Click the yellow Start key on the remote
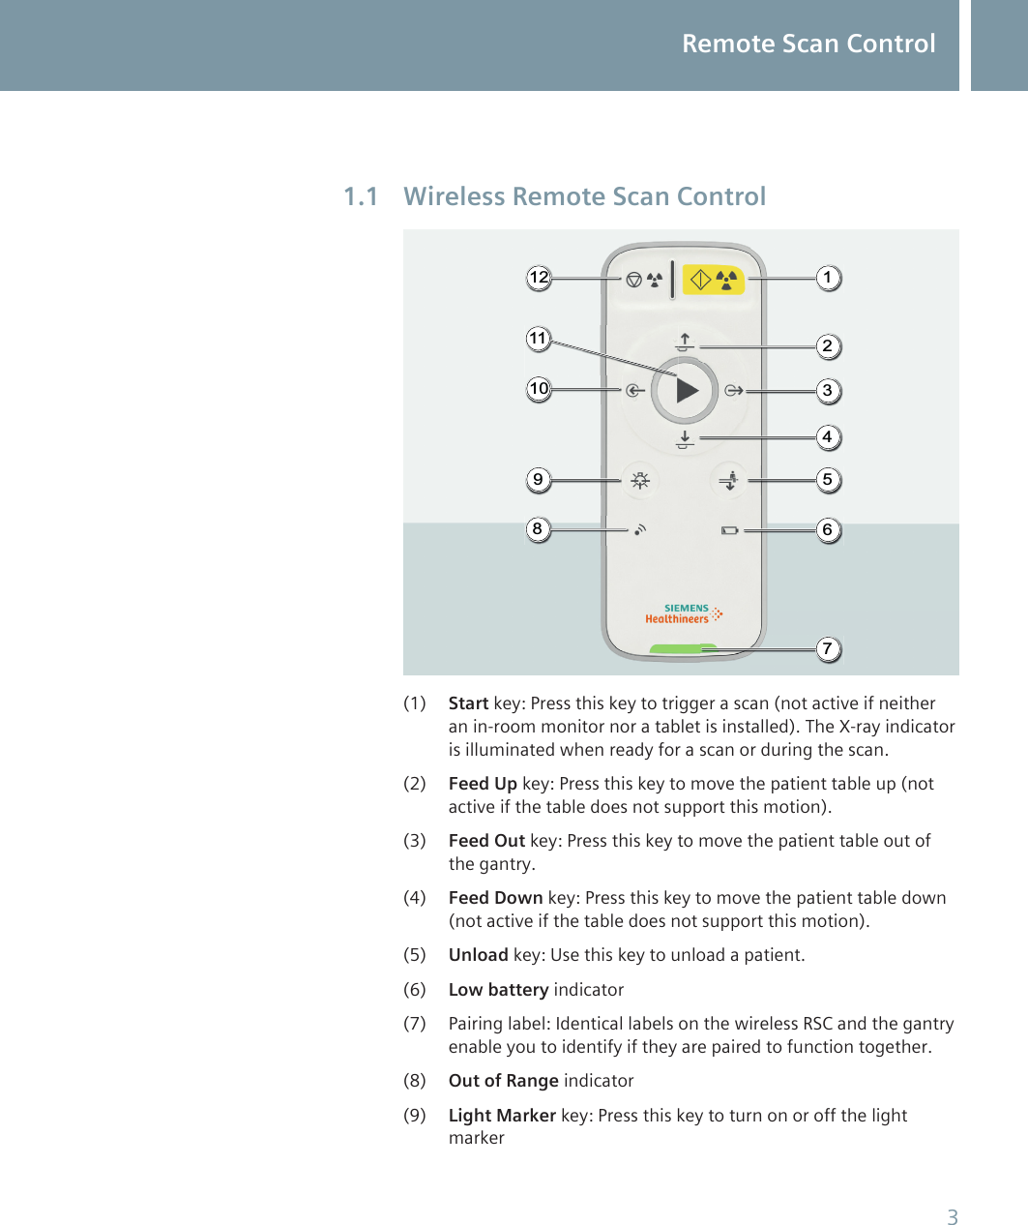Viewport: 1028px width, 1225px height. click(x=714, y=280)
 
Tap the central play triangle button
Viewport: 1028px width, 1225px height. click(x=685, y=391)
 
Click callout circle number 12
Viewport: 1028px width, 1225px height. click(x=539, y=279)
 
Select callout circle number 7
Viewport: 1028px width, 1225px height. click(x=827, y=648)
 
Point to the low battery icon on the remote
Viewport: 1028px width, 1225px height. click(x=729, y=530)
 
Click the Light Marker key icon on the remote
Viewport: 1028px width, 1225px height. click(x=639, y=480)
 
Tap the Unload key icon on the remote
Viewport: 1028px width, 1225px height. click(x=729, y=480)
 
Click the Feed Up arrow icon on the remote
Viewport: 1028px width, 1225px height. click(x=685, y=342)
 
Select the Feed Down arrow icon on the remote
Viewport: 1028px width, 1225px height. click(x=685, y=440)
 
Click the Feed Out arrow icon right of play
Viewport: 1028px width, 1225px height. click(x=734, y=391)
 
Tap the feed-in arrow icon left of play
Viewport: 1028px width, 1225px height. click(x=633, y=391)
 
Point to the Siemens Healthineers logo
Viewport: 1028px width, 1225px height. click(x=684, y=614)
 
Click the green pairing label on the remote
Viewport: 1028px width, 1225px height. click(x=684, y=649)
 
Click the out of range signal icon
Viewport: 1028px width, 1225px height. click(x=639, y=530)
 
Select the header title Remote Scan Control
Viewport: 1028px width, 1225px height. click(x=808, y=45)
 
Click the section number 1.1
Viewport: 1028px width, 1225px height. click(x=361, y=197)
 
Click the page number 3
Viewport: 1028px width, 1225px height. click(x=952, y=1217)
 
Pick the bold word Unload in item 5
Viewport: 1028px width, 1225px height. click(x=478, y=955)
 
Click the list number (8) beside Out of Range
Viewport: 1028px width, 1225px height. click(x=414, y=1081)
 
